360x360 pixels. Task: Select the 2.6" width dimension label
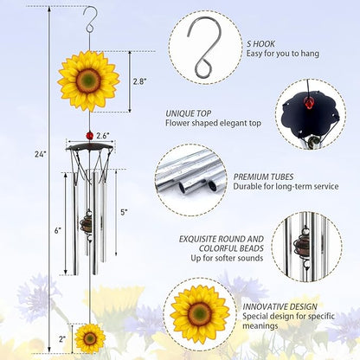[x=102, y=136]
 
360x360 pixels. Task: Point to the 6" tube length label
[x=57, y=230]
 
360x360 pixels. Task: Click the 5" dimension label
[x=124, y=212]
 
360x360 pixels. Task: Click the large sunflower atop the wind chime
[x=87, y=80]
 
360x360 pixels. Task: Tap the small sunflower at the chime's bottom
[x=89, y=337]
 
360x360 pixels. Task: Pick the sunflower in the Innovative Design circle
[x=200, y=313]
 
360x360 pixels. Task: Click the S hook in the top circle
[x=202, y=41]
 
